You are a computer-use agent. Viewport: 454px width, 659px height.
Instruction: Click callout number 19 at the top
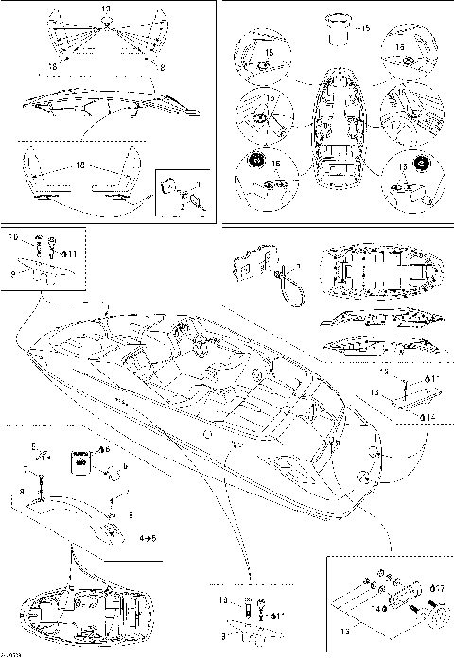[105, 8]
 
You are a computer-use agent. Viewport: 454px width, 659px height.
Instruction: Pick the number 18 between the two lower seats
[79, 165]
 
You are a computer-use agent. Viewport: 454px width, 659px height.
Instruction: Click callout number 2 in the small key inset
[183, 206]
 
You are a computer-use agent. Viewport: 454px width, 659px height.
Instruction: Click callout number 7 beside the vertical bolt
[26, 469]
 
